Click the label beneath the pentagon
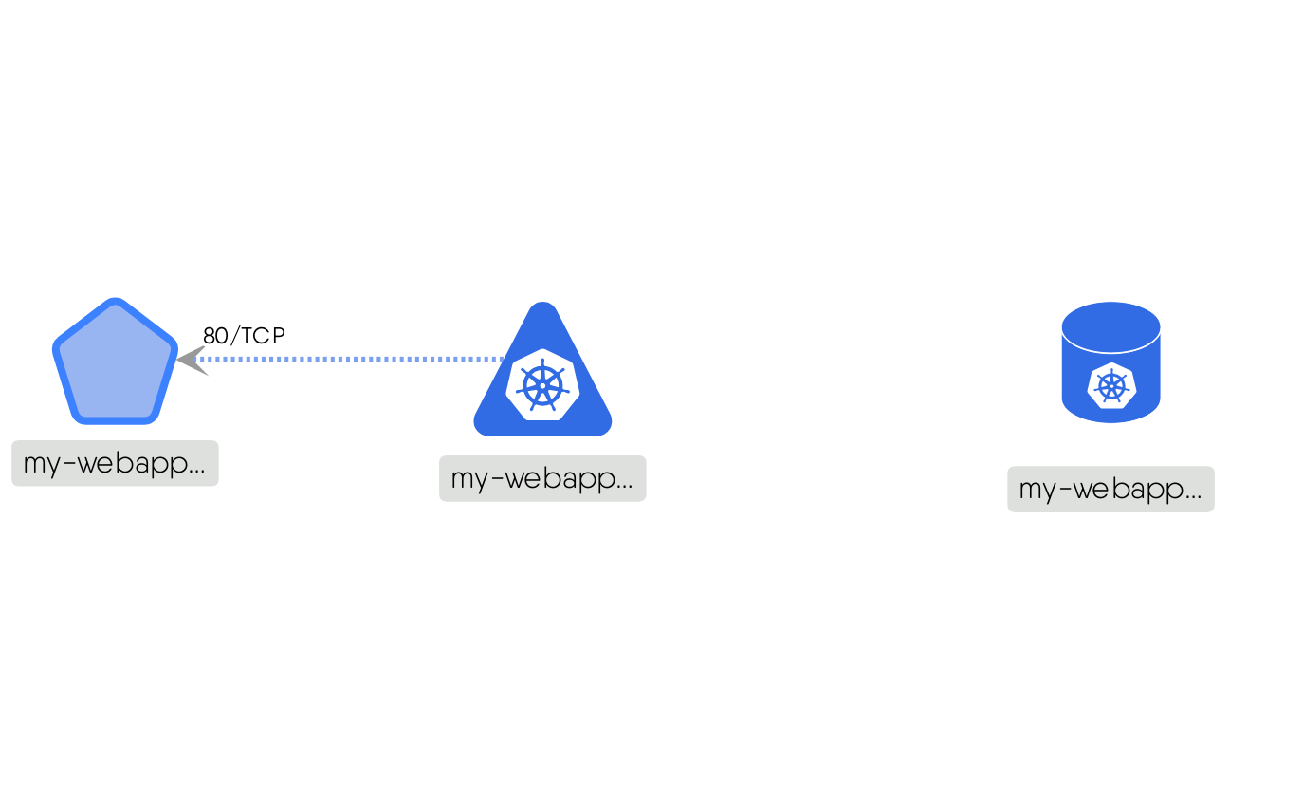click(115, 463)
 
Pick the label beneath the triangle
click(542, 478)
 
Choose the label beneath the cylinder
click(1110, 489)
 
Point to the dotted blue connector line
click(351, 360)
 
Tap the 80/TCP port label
click(244, 335)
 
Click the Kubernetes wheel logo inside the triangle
click(542, 383)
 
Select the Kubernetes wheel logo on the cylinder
click(1110, 385)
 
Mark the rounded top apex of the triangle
click(542, 307)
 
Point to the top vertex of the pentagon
click(115, 302)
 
